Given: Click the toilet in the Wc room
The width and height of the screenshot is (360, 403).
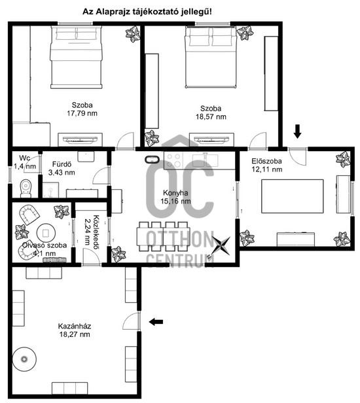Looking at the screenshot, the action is [x=26, y=188].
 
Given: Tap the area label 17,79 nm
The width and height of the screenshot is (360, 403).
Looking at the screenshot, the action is [x=82, y=113].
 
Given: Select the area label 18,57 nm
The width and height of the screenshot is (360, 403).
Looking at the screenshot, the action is [x=211, y=116].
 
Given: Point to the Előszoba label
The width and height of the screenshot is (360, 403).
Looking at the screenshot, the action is [x=266, y=161].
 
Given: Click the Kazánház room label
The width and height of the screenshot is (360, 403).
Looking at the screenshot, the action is [x=75, y=326].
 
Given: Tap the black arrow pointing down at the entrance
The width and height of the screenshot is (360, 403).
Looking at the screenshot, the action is [x=298, y=131].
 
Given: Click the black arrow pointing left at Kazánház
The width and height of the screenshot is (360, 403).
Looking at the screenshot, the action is [x=156, y=321].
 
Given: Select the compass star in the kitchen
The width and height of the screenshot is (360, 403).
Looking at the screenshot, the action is [x=221, y=246].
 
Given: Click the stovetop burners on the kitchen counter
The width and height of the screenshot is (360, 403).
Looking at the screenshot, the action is [x=173, y=160].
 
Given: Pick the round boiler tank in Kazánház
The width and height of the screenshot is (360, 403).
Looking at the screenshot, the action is [x=24, y=359].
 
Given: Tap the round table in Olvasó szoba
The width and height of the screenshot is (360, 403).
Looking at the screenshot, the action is [x=46, y=233].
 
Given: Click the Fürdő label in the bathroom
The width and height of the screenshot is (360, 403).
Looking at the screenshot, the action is [x=62, y=164].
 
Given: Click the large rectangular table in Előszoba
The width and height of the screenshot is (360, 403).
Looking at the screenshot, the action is [x=293, y=196].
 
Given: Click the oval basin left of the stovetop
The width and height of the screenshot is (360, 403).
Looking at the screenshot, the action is [x=152, y=160].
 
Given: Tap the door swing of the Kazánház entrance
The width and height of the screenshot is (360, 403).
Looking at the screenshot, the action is [x=130, y=321].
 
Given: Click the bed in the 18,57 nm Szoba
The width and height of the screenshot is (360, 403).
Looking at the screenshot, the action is [x=211, y=58].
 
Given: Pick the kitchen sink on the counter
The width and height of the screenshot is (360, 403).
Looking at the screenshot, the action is [x=206, y=160].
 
